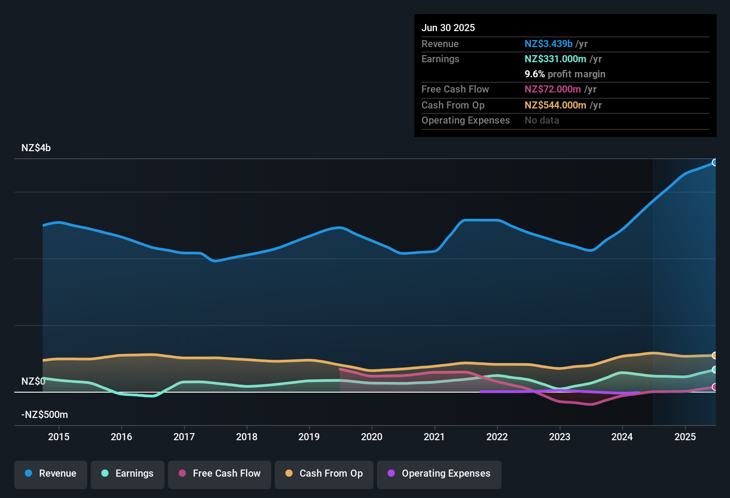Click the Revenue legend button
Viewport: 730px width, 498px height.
[x=51, y=474]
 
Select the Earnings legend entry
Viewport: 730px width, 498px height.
[x=128, y=474]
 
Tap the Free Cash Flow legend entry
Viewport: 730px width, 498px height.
[x=220, y=474]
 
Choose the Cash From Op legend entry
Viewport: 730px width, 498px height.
[x=324, y=474]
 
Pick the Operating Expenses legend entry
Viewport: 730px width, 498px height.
[x=439, y=474]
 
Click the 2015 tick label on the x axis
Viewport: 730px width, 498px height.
[x=59, y=437]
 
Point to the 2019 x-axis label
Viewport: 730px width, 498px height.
[x=309, y=437]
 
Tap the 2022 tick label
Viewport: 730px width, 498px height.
[x=497, y=437]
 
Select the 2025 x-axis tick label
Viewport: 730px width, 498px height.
[x=685, y=437]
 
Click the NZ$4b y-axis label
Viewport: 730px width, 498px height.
[x=36, y=148]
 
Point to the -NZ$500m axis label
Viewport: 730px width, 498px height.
[x=44, y=415]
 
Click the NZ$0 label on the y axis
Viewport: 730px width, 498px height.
[x=33, y=382]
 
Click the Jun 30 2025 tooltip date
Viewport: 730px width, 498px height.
[x=448, y=28]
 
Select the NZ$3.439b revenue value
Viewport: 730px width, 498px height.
[x=548, y=44]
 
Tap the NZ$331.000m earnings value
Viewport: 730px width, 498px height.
[x=555, y=59]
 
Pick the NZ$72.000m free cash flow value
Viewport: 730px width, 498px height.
[x=553, y=89]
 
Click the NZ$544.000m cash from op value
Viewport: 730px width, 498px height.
[x=555, y=105]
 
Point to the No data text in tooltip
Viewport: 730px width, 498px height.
[x=541, y=120]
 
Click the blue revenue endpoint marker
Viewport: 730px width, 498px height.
[x=714, y=162]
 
